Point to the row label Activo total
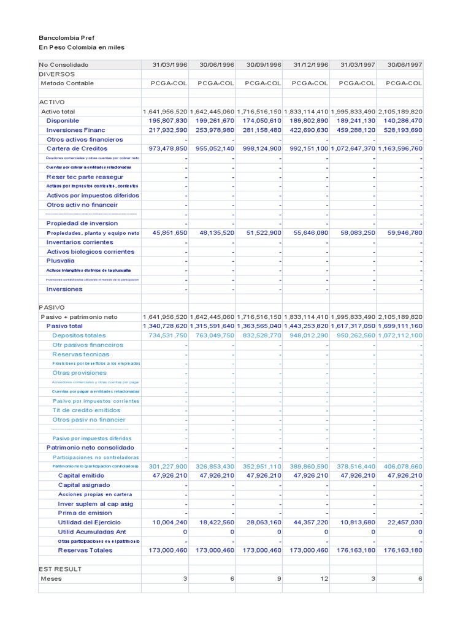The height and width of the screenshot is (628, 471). click(x=58, y=112)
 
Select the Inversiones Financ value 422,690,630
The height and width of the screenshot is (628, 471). click(x=306, y=130)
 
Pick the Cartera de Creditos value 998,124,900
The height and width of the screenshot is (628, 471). click(x=260, y=148)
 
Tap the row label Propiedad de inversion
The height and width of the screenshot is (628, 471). click(x=82, y=223)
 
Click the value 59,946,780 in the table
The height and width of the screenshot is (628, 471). click(x=401, y=233)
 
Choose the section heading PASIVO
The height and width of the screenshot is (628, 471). click(x=52, y=307)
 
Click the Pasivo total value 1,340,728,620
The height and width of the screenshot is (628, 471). click(x=165, y=326)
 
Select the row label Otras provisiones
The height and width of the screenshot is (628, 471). click(x=80, y=373)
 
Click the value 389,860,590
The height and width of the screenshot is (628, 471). click(x=306, y=466)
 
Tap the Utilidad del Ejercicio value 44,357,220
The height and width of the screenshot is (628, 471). click(x=307, y=522)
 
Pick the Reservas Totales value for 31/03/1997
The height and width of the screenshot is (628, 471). click(x=354, y=550)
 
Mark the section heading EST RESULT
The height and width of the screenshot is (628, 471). click(x=60, y=569)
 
